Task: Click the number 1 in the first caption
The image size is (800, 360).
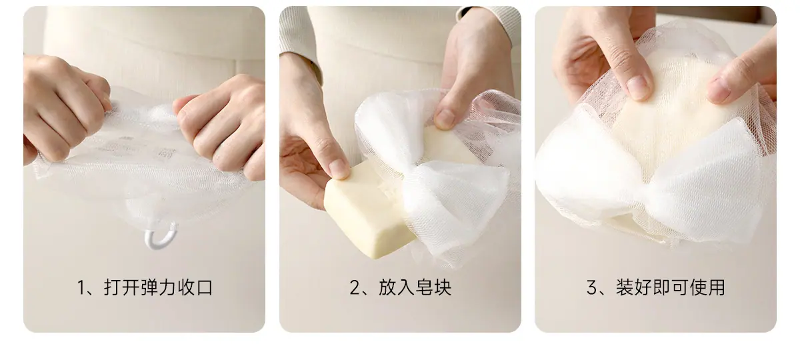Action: pyautogui.click(x=81, y=288)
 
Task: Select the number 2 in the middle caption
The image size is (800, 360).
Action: pyautogui.click(x=354, y=288)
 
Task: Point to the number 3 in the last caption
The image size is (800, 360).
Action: pyautogui.click(x=592, y=288)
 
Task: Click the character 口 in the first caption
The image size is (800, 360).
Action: pyautogui.click(x=205, y=288)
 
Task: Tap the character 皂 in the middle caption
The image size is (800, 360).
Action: pyautogui.click(x=423, y=288)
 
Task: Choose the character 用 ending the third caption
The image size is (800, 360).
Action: pyautogui.click(x=716, y=288)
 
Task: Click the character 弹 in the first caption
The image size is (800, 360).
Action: pyautogui.click(x=149, y=288)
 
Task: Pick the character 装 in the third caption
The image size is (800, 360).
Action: pyautogui.click(x=624, y=288)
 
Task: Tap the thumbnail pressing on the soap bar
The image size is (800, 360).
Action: pyautogui.click(x=339, y=168)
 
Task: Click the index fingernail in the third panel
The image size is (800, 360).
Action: pyautogui.click(x=638, y=87)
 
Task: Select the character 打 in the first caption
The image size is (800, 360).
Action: pyautogui.click(x=112, y=288)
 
